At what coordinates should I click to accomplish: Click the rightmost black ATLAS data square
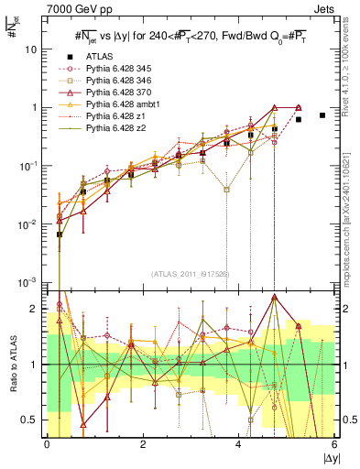322,115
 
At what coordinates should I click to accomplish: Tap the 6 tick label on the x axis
334,444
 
